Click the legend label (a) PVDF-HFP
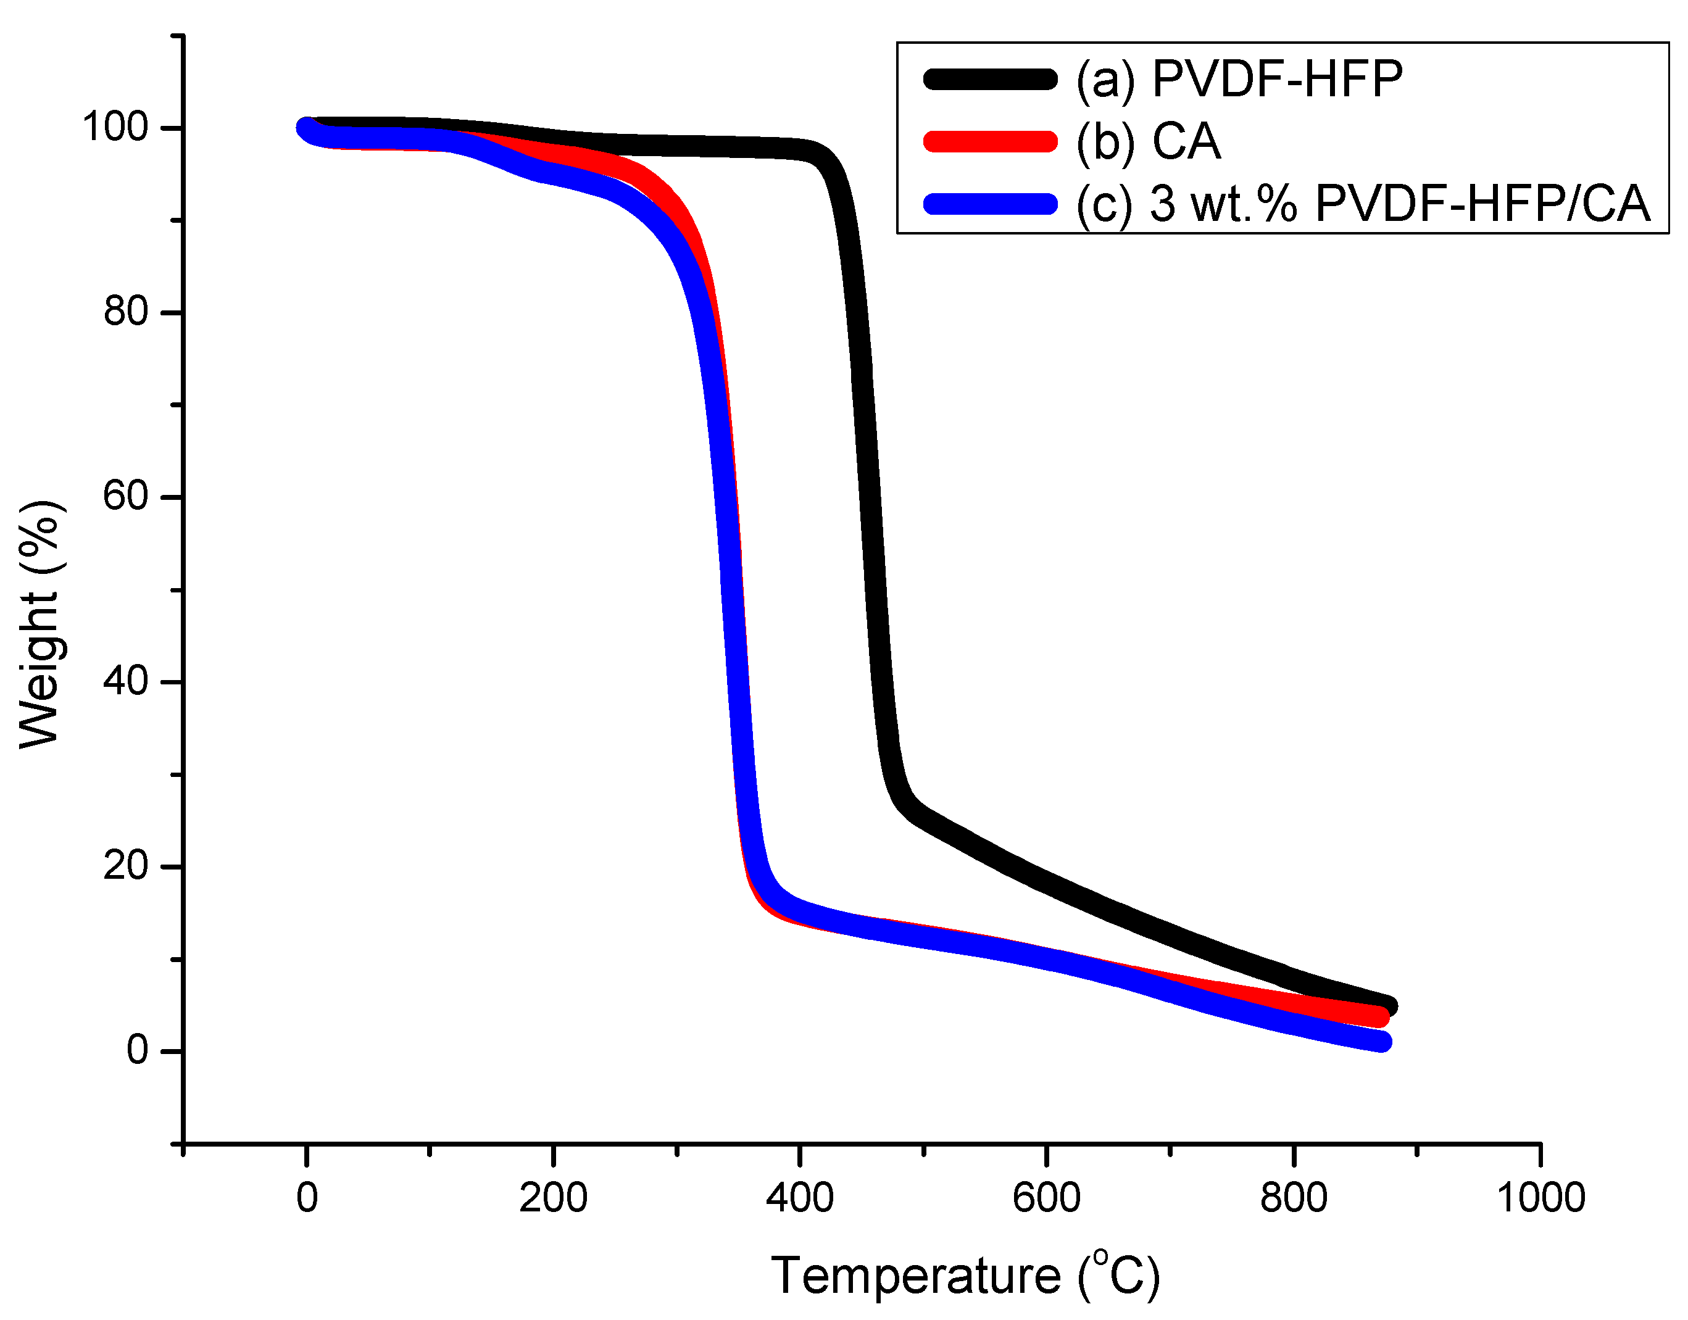tap(1238, 79)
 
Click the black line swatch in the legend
tap(990, 79)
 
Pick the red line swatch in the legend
tap(990, 142)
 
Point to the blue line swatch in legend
tap(990, 205)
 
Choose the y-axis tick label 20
tap(125, 866)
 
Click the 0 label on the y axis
tap(137, 1050)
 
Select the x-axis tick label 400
tap(799, 1198)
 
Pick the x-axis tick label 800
tap(1293, 1198)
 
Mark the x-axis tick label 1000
tap(1540, 1198)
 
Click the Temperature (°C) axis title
tap(965, 1276)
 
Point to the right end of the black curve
tap(1389, 1007)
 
